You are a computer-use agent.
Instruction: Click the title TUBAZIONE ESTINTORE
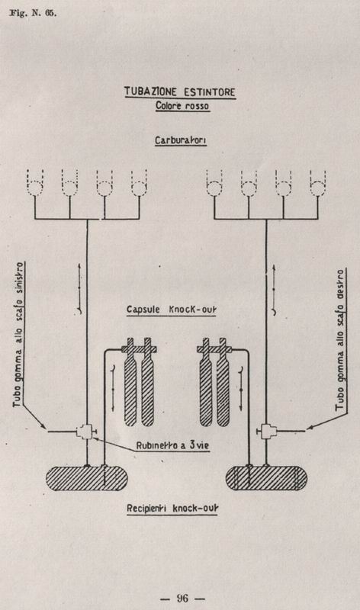click(x=180, y=91)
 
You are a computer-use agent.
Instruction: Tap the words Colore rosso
click(x=182, y=105)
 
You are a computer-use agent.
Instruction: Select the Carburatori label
click(x=181, y=140)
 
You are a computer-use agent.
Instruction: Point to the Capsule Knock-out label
click(x=172, y=310)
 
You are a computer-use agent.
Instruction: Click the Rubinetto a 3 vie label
click(x=172, y=445)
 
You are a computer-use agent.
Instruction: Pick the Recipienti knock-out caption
click(x=172, y=509)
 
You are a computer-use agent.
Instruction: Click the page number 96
click(x=182, y=598)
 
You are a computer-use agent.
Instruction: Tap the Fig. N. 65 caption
click(x=33, y=13)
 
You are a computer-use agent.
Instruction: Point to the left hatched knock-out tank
click(x=86, y=478)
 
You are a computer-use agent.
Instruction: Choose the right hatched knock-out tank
click(x=267, y=478)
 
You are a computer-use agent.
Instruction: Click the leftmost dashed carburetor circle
click(x=35, y=188)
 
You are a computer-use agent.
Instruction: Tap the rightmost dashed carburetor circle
click(x=318, y=188)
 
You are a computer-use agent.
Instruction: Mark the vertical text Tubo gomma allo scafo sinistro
click(x=18, y=335)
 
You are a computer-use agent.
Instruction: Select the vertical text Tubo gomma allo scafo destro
click(x=341, y=339)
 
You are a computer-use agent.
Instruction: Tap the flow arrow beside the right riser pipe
click(x=274, y=291)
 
